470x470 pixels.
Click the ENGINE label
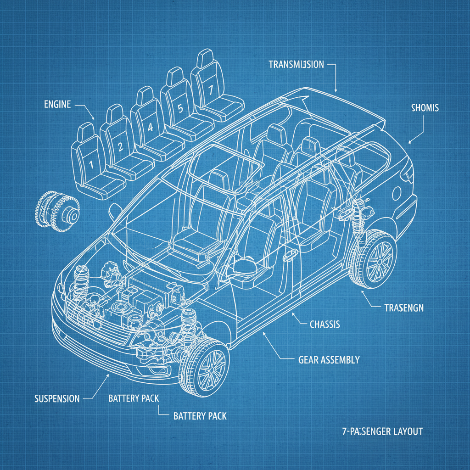click(x=57, y=104)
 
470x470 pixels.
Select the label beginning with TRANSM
click(x=296, y=65)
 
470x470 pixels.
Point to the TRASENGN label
click(x=403, y=308)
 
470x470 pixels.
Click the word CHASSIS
click(x=325, y=325)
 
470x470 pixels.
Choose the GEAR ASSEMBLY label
click(x=329, y=360)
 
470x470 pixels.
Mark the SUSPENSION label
click(x=57, y=398)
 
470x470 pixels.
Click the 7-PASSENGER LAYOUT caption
click(x=382, y=431)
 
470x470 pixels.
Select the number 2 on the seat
click(x=120, y=147)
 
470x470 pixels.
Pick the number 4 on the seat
click(x=150, y=128)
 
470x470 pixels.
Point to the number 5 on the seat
click(x=180, y=109)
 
